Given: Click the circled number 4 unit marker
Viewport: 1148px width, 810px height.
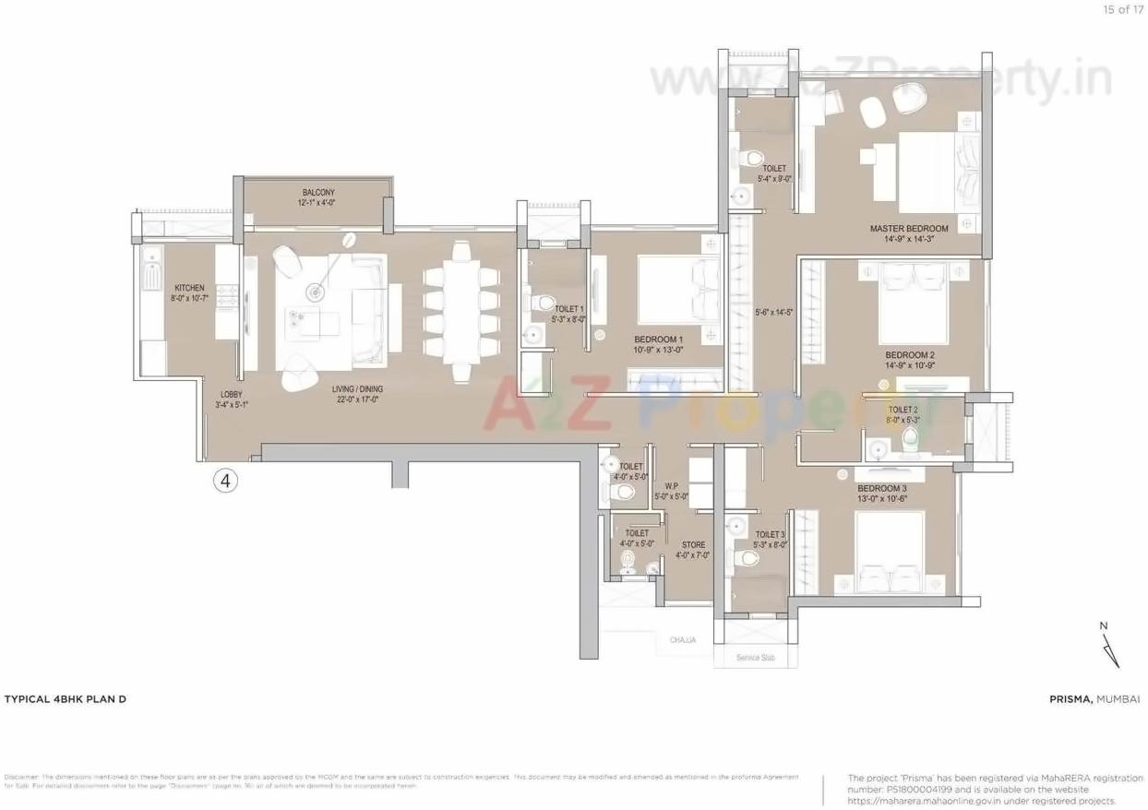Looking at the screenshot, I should pos(225,480).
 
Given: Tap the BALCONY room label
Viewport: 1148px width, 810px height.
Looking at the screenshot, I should pos(317,192).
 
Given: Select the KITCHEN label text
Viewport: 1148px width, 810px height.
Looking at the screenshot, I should pos(189,289).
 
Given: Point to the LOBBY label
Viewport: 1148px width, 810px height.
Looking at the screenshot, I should pos(231,395).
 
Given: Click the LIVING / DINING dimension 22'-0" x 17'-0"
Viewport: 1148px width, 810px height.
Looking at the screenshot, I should pos(357,401).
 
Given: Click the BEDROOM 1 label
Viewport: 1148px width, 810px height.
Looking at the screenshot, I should pos(658,339).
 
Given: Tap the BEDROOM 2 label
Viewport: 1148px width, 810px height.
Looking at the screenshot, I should pos(910,355).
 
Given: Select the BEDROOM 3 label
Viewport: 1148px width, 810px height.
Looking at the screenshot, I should pos(881,488).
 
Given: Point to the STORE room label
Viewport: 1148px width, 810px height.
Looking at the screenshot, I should pos(693,544).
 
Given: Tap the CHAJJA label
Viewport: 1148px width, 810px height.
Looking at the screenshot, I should pos(683,639).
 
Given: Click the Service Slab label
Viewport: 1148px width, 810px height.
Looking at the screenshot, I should pos(755,658).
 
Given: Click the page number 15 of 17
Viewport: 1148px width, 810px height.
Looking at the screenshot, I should pos(1121,9).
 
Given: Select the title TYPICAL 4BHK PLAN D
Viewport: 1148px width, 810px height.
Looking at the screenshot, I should pos(65,699).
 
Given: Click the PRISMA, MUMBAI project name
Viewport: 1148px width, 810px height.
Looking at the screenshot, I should pos(1094,699).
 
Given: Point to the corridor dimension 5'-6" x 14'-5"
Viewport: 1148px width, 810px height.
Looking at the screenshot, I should pos(773,312).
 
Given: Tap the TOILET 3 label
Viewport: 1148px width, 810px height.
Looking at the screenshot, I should pos(770,534).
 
